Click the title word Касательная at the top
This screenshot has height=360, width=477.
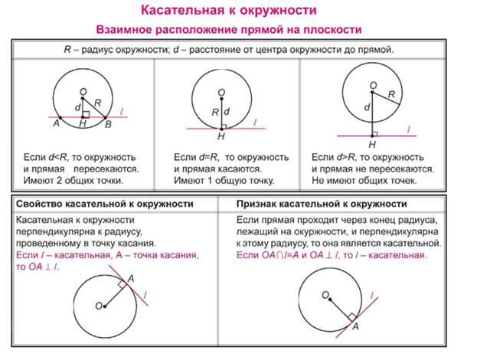181,11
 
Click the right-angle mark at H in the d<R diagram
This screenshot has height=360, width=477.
86,114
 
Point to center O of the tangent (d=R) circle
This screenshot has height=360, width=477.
221,99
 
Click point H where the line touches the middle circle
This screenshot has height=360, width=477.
221,129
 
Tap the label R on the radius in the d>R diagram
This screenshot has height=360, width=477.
391,94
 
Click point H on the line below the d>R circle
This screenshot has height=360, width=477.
372,136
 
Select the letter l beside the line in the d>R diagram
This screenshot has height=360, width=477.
409,129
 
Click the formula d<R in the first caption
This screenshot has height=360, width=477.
57,157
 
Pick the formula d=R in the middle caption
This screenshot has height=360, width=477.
208,157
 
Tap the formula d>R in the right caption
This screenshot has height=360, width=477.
346,157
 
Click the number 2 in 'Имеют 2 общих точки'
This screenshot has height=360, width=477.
59,181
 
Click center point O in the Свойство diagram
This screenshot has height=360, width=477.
105,306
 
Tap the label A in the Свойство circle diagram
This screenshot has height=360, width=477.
130,279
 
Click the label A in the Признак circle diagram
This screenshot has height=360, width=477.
355,326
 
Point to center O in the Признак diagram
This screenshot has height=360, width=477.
330,299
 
